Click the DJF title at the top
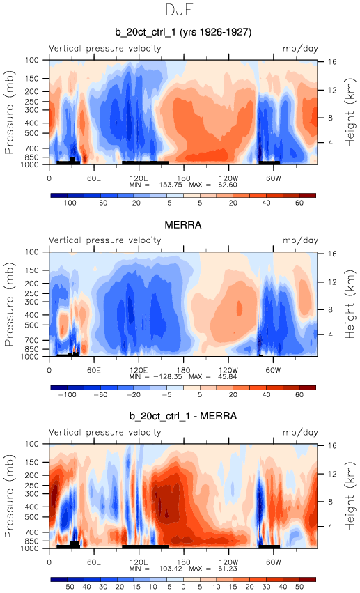(180, 10)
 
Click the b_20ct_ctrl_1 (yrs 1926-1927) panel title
(183, 32)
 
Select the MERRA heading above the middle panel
(183, 225)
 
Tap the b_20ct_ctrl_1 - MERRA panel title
(183, 416)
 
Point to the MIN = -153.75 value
(156, 185)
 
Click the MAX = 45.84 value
(213, 377)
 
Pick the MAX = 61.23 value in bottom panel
(213, 569)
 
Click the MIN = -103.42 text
(156, 569)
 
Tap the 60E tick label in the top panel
(94, 178)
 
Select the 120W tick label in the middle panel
(228, 370)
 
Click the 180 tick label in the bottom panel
(184, 562)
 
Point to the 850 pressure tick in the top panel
(32, 157)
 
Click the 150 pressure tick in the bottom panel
(32, 462)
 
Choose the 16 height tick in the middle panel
(332, 254)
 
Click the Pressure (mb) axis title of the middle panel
(9, 304)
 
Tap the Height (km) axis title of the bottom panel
(350, 496)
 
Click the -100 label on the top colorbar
(68, 203)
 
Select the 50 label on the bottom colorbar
(299, 587)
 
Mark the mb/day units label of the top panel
(301, 48)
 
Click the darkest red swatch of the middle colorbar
(308, 387)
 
